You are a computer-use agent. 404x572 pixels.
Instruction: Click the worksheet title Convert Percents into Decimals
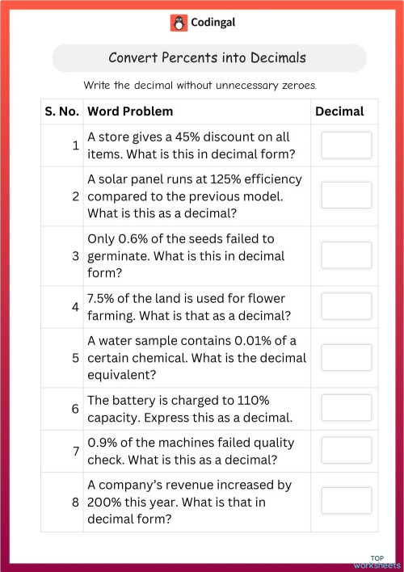point(208,58)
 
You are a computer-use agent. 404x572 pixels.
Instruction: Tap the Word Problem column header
point(130,111)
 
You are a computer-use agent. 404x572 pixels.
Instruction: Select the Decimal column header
point(339,111)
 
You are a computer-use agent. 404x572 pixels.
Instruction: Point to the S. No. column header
point(61,111)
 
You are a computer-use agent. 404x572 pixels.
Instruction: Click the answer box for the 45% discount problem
point(346,145)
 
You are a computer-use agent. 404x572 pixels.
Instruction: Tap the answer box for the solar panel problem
point(346,196)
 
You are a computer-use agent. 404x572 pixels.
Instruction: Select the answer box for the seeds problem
point(346,255)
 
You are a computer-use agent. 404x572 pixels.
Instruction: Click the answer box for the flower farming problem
point(346,306)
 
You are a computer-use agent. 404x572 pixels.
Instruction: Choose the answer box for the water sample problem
point(346,357)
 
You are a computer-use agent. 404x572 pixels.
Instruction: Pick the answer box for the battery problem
point(346,408)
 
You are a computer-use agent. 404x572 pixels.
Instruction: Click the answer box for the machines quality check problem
point(346,451)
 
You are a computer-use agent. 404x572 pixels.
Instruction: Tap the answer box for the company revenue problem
point(346,501)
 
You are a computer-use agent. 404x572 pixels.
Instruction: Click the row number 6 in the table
point(74,409)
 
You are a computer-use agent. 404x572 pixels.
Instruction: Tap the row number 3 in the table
point(74,256)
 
